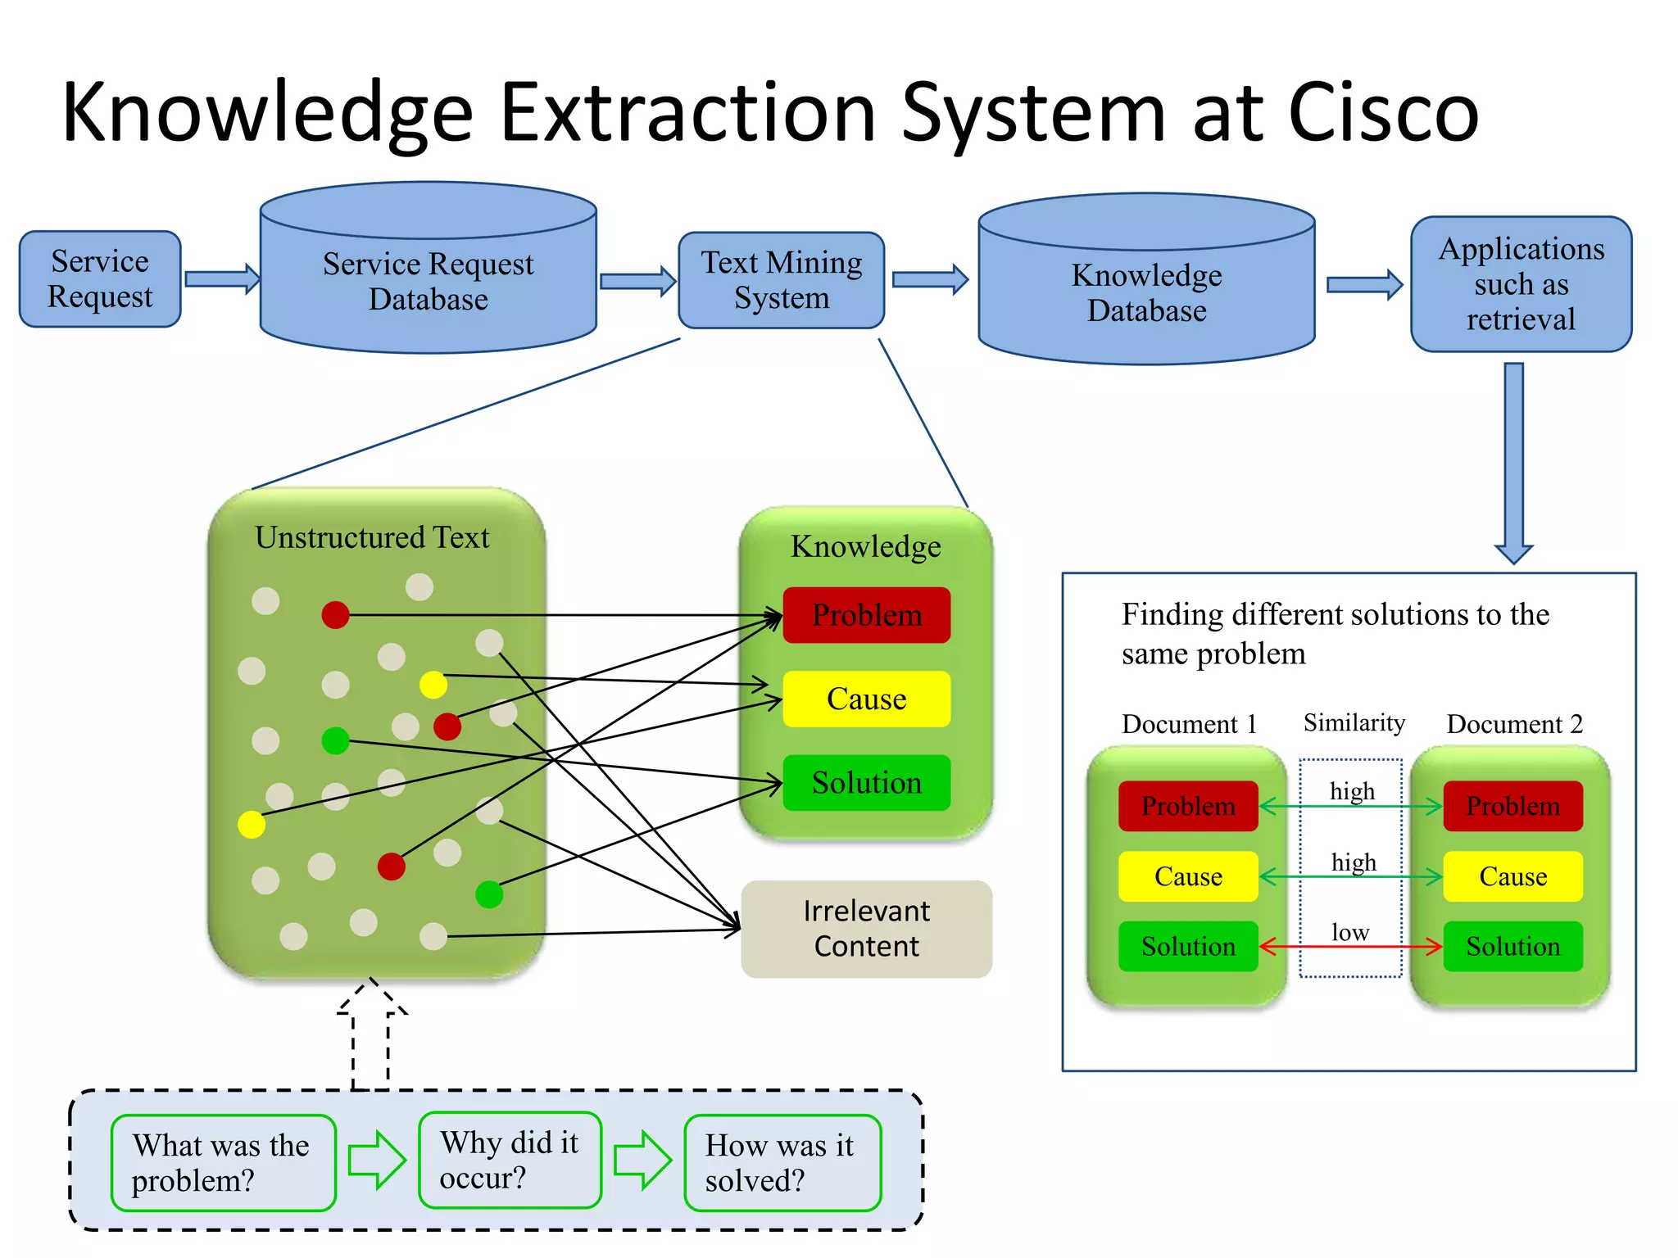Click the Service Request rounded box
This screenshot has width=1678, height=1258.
tap(100, 279)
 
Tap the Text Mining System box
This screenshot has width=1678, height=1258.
tap(781, 280)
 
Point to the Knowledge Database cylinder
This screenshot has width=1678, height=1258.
tap(1146, 292)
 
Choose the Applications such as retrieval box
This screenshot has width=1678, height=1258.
tap(1521, 284)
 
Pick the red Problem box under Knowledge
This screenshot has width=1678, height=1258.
tap(866, 615)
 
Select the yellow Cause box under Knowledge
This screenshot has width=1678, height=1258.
tap(866, 699)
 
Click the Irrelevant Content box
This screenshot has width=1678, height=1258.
tap(866, 929)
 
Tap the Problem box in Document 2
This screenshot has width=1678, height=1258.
tap(1512, 806)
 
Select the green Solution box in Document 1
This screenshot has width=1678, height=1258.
tap(1187, 946)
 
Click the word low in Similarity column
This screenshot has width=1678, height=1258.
tap(1350, 932)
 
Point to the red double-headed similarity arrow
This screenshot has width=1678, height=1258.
tap(1350, 948)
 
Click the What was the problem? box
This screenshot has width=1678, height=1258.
tap(223, 1162)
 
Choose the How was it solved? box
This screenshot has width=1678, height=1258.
tap(782, 1162)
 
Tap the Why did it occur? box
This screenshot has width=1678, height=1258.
tap(510, 1160)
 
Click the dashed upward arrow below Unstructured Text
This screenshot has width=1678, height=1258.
tap(371, 1036)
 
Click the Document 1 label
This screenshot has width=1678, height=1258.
tap(1188, 724)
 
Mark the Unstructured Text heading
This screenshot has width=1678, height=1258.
tap(372, 537)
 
